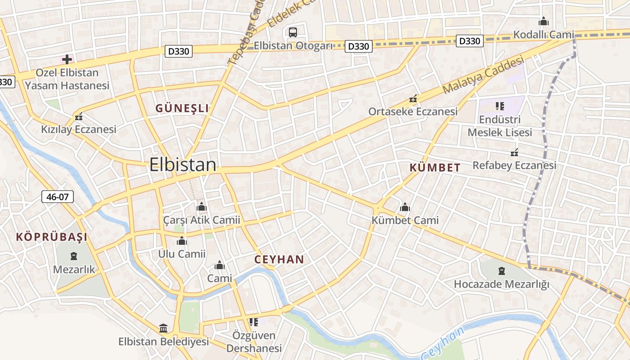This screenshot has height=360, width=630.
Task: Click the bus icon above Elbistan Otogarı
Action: pos(292,32)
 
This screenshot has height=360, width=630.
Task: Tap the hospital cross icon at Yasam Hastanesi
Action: pos(67,59)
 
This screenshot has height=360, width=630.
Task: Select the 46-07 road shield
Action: pos(58,196)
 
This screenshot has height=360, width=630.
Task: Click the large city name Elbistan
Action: pos(183,165)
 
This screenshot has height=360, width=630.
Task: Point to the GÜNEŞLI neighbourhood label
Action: pos(182,108)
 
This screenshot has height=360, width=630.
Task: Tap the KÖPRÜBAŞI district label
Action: pos(52,237)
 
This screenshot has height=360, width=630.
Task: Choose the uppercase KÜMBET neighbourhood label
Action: pos(435,168)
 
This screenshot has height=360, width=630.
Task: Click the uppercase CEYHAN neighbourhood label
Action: pos(279,259)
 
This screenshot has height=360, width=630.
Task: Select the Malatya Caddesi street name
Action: pos(484,74)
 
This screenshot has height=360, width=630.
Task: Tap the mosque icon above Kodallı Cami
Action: pos(544,21)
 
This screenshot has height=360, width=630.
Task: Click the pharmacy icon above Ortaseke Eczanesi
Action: pos(413,99)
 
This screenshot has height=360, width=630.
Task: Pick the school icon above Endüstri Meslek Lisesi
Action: pos(499,106)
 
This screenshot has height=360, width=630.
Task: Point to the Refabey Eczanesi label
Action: pos(514,165)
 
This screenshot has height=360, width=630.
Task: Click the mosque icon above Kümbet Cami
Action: pos(405,207)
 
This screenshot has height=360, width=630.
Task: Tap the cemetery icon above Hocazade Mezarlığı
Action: pos(501,271)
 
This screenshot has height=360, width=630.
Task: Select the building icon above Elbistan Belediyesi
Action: pos(163,328)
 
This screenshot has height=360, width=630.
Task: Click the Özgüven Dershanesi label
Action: pos(254,342)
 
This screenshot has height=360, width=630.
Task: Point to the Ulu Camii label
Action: pos(182,254)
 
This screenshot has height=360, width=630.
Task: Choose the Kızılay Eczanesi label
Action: pos(79,129)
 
